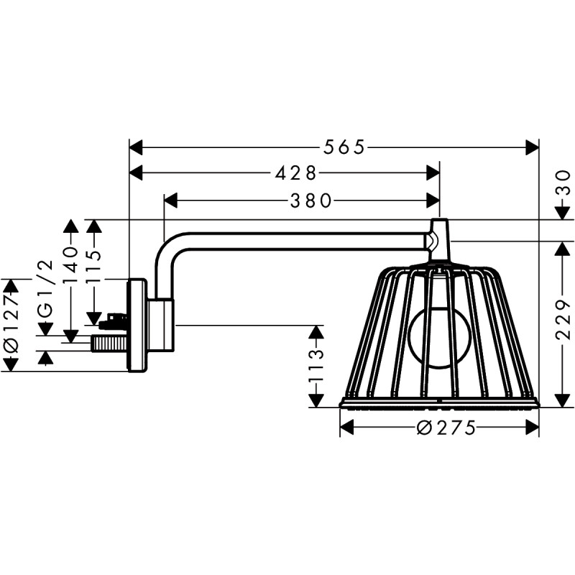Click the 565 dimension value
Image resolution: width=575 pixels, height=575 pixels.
tap(344, 147)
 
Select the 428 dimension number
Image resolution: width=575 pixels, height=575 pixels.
tap(295, 173)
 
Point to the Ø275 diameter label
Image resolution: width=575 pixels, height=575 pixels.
tap(446, 428)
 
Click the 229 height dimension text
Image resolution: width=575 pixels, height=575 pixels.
tap(563, 321)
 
